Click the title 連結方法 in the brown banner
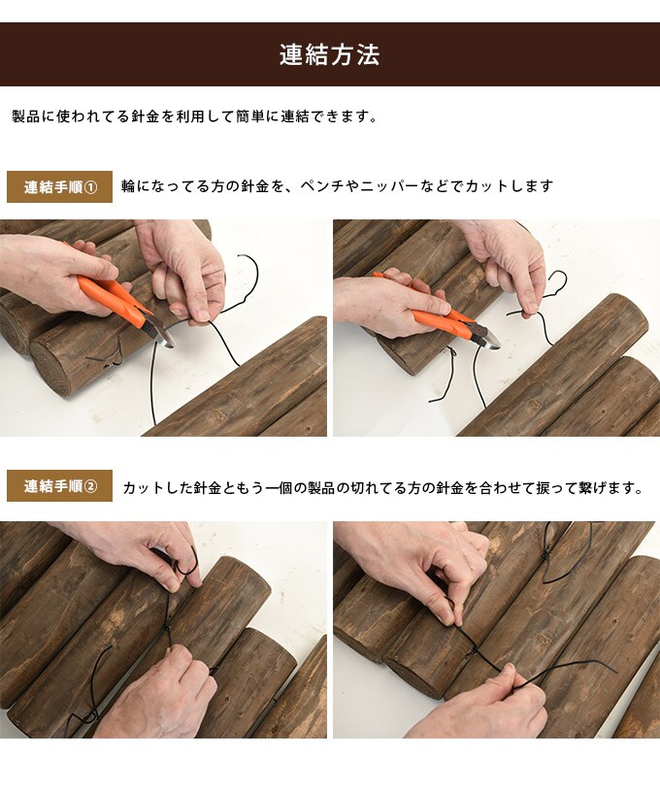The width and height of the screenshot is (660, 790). coord(329,55)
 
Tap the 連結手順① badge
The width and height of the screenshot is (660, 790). coord(60,186)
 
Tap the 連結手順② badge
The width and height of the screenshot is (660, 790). coord(60,486)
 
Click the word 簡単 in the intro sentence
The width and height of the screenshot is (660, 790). coord(253,116)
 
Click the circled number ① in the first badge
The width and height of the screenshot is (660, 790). coord(91,186)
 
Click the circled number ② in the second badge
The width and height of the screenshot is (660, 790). coord(91,486)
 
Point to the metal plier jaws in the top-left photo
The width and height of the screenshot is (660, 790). coord(158,330)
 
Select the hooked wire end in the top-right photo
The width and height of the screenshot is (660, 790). coord(556,281)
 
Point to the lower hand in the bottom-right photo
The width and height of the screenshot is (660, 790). coord(485,708)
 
